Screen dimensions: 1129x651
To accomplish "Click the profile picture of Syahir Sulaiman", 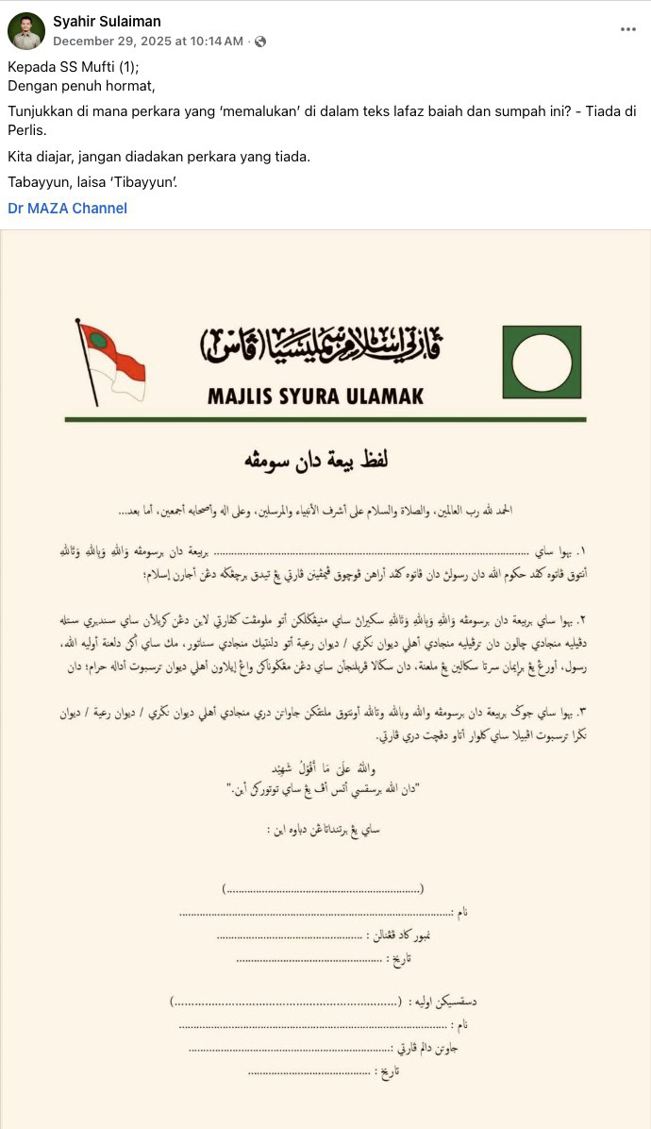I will pos(26,31).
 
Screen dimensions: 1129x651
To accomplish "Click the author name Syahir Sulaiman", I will pos(107,21).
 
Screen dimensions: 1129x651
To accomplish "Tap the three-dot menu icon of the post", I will pos(627,29).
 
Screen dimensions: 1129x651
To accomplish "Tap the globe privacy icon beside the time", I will pos(260,42).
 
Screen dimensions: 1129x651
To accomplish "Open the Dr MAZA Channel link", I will pos(67,208).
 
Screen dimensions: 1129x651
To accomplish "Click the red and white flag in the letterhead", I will pos(110,360).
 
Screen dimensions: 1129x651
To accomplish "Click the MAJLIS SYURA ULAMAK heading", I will pos(315,396).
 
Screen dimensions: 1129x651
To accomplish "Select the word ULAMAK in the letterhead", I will pos(384,396).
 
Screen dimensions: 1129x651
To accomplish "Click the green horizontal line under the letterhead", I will pos(325,419).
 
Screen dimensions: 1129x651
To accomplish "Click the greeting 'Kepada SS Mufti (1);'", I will pos(73,67).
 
